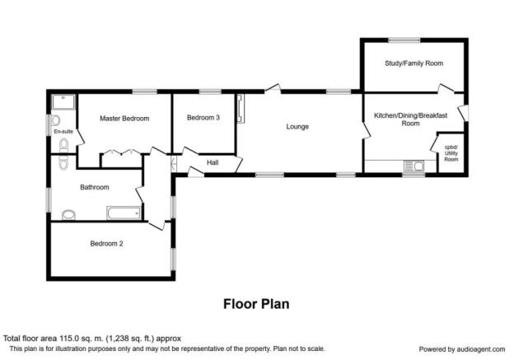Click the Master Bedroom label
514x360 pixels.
(124, 119)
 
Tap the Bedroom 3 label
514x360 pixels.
(203, 117)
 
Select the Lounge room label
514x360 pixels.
(297, 127)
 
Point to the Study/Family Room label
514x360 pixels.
(414, 63)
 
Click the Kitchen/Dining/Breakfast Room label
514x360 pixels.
(411, 119)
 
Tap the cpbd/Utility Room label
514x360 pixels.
(451, 153)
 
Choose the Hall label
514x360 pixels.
(213, 162)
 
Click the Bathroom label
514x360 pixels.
(95, 187)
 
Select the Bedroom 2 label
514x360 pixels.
(106, 244)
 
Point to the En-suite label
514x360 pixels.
(63, 132)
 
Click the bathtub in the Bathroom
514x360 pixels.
(124, 213)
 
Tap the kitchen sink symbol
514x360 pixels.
(414, 166)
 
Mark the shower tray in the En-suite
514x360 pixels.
(64, 101)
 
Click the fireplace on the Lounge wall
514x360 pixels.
(241, 109)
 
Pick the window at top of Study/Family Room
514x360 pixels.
(404, 40)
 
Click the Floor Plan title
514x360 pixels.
(256, 304)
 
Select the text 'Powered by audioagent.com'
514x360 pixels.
(462, 349)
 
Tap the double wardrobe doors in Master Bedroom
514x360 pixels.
(122, 152)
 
